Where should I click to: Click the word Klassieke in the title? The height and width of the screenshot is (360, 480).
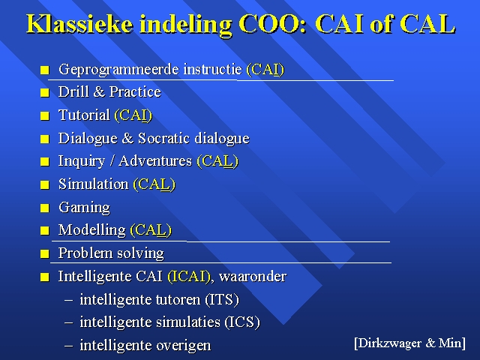tap(80, 23)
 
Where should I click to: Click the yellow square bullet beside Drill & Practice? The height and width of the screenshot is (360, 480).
tap(45, 93)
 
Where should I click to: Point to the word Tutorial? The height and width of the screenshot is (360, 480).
tap(84, 115)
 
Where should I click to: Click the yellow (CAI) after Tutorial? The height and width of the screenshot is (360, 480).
tap(133, 115)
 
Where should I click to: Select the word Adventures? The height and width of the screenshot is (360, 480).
tap(155, 160)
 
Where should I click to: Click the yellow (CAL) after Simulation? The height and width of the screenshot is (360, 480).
tap(154, 184)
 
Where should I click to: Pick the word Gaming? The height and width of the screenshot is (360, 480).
tap(84, 208)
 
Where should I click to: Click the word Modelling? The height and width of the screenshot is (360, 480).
tap(91, 230)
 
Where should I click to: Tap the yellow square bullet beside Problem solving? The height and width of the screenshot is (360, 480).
tap(45, 253)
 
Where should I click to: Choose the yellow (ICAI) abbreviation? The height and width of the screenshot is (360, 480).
tap(189, 277)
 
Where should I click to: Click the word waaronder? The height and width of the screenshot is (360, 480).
tap(253, 277)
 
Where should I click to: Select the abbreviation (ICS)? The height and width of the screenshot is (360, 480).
tap(242, 322)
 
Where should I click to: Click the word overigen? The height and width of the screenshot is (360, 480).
tap(183, 346)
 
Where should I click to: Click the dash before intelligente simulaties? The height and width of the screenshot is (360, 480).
tap(69, 322)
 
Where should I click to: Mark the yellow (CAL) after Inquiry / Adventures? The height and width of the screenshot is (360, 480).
tap(217, 161)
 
